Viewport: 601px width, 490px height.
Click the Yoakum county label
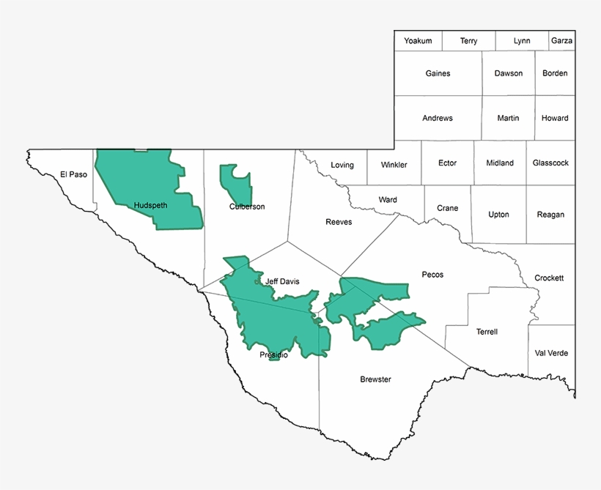418,41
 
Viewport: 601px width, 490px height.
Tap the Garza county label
561,41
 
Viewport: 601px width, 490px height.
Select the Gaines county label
438,73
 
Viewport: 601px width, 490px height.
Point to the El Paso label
73,174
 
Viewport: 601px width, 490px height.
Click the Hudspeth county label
151,206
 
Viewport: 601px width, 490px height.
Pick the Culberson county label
247,207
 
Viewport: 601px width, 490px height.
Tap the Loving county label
342,165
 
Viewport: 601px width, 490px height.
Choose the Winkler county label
394,165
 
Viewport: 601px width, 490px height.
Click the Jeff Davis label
282,281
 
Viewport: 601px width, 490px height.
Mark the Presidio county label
273,355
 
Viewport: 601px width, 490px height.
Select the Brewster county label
375,379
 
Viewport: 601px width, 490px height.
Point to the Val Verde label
551,353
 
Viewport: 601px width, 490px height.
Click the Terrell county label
487,332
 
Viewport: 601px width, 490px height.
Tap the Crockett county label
549,278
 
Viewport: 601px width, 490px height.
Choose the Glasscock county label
550,163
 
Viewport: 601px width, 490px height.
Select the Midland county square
500,163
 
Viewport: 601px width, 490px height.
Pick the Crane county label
447,208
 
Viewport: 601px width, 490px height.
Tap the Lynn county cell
522,41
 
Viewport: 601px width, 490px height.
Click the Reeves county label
339,222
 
